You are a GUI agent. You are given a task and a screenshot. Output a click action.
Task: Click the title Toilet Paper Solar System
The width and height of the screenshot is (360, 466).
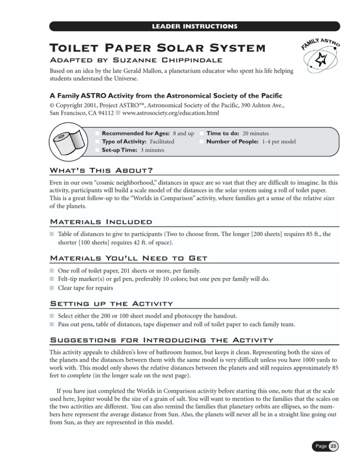click(x=145, y=48)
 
